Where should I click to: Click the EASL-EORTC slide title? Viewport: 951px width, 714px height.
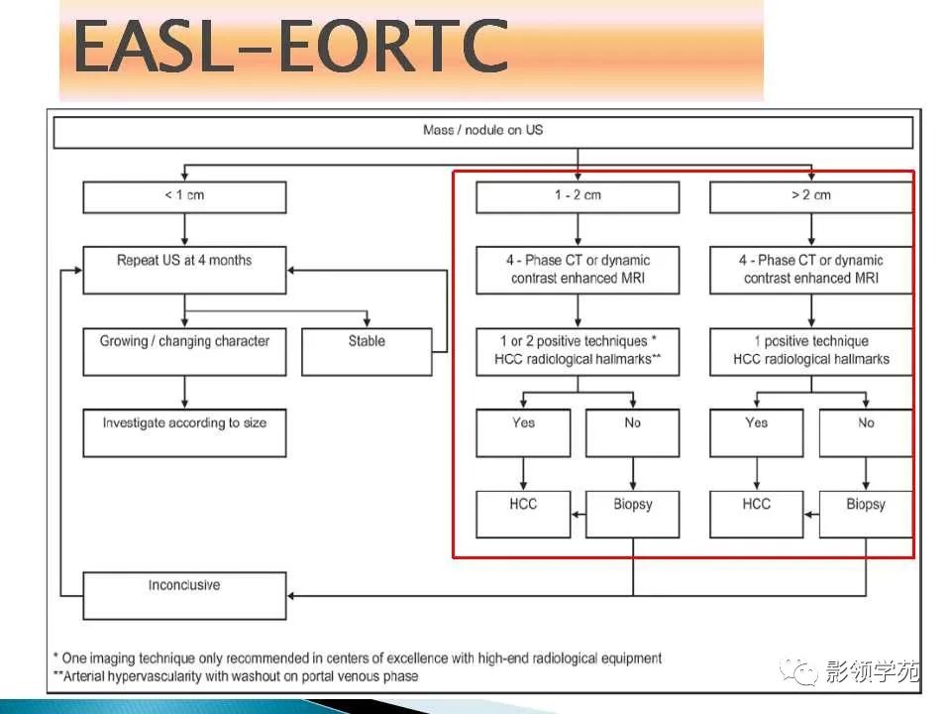click(290, 47)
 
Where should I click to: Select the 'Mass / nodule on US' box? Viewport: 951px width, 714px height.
click(483, 132)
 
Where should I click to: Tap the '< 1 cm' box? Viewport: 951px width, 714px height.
click(184, 197)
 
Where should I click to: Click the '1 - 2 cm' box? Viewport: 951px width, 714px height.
click(578, 197)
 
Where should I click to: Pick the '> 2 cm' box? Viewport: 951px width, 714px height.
click(811, 197)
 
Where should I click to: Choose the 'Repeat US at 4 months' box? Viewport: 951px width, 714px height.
click(184, 270)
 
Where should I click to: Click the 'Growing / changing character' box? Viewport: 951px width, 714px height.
click(184, 352)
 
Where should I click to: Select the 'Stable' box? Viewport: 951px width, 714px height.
click(367, 352)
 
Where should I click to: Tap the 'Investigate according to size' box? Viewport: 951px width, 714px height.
click(184, 433)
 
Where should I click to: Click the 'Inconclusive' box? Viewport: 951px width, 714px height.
click(184, 596)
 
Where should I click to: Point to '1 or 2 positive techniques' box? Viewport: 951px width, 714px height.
click(578, 352)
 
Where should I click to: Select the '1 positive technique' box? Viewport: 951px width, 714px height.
click(811, 352)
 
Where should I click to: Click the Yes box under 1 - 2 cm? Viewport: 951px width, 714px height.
click(523, 433)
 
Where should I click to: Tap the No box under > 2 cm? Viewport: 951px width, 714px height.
click(866, 433)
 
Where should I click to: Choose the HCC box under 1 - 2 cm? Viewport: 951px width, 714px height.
click(523, 515)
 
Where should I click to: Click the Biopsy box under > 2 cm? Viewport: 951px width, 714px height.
click(866, 515)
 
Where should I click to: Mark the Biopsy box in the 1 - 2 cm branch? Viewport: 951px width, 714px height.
click(633, 515)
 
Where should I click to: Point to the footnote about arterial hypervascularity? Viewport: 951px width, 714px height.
click(236, 676)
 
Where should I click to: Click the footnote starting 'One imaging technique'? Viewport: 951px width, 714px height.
click(358, 658)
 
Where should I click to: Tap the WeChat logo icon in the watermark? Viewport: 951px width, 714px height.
click(798, 672)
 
